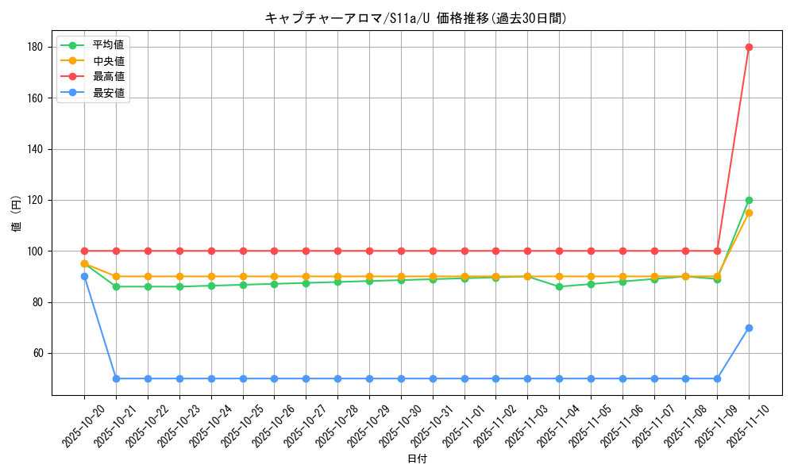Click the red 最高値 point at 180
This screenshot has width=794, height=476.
[x=749, y=47]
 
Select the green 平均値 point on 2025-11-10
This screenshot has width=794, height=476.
[x=749, y=200]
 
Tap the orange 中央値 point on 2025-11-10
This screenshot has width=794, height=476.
[x=749, y=213]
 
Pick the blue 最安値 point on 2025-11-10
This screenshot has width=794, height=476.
[x=749, y=328]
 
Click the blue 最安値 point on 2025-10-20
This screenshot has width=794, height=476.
[x=84, y=276]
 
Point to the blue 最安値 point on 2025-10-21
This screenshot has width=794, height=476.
[x=116, y=378]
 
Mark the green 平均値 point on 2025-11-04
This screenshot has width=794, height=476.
[x=559, y=286]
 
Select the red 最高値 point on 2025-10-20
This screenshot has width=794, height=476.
[x=84, y=251]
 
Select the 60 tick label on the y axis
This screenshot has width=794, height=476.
[x=37, y=353]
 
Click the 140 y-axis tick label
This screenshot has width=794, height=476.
[x=33, y=149]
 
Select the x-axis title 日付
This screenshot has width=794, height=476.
[x=417, y=459]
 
